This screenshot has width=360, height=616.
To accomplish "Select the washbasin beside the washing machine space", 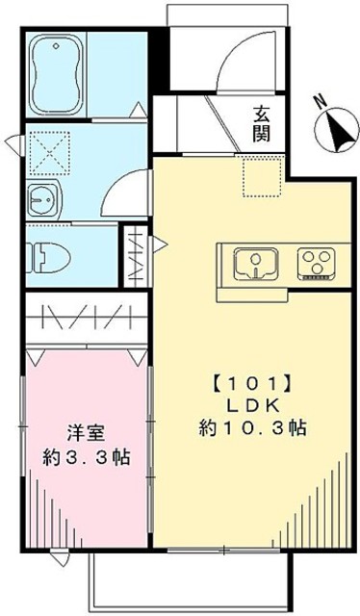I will (x=41, y=200).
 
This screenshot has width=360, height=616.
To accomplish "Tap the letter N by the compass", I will (x=321, y=98).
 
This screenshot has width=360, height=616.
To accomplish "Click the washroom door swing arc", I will (x=125, y=189).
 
